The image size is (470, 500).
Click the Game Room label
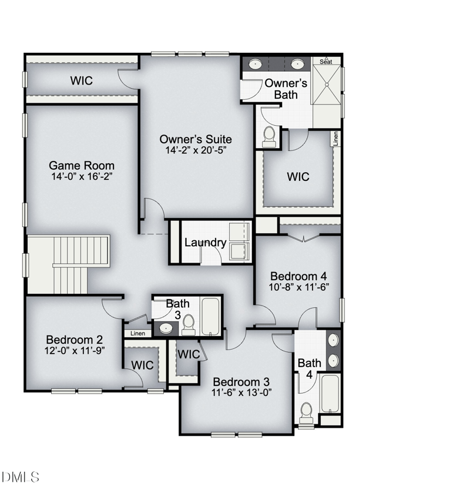(x=82, y=166)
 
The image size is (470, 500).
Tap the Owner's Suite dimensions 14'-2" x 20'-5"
(x=196, y=150)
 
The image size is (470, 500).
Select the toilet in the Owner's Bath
(x=269, y=137)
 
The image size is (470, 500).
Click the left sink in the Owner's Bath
(x=256, y=64)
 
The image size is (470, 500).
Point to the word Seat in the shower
(x=326, y=62)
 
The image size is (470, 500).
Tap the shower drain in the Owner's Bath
(x=327, y=85)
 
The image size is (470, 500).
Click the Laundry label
(x=206, y=242)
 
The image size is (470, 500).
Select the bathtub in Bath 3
(x=210, y=316)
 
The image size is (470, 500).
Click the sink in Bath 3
(x=166, y=328)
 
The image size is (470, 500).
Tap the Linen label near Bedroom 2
(x=137, y=334)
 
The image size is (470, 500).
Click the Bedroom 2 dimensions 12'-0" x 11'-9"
(x=75, y=351)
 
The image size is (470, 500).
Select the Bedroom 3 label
(x=241, y=382)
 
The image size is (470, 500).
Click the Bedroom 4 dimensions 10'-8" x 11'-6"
(x=299, y=287)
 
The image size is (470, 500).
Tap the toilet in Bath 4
(x=307, y=413)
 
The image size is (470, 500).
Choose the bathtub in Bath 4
(x=330, y=394)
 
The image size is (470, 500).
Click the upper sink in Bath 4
(x=333, y=341)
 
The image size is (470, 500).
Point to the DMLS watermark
(x=20, y=477)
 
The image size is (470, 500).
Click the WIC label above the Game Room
(x=82, y=80)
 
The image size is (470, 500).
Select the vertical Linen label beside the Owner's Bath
(x=336, y=139)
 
